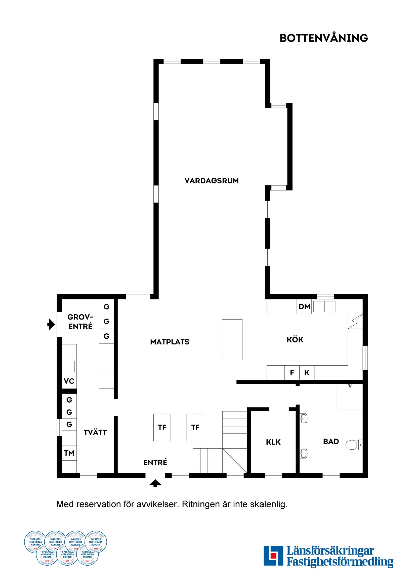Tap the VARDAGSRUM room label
[211, 181]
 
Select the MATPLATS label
[170, 342]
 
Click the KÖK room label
[295, 340]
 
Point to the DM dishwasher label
[304, 306]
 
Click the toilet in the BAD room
[353, 445]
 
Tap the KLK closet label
[273, 442]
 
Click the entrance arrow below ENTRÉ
[155, 483]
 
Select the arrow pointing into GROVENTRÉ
[51, 324]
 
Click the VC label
[69, 381]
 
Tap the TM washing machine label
[69, 453]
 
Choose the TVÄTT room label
[95, 433]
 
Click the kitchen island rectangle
[232, 339]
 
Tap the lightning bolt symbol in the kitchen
[355, 321]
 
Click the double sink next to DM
[324, 306]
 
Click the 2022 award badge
[96, 542]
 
